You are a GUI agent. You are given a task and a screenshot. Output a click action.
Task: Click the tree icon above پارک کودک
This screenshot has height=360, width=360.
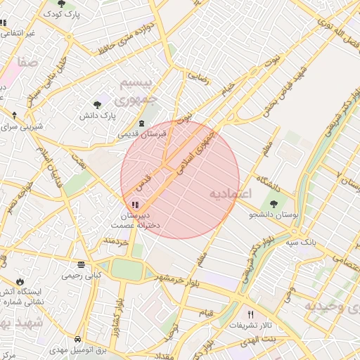click(61, 4)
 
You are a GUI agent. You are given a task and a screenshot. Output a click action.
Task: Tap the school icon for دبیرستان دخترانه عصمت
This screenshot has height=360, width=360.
click(135, 205)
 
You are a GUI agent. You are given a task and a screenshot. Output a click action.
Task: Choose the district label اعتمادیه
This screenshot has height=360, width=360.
click(230, 193)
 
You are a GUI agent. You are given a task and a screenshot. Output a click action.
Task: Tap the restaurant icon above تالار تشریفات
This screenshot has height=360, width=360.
click(250, 314)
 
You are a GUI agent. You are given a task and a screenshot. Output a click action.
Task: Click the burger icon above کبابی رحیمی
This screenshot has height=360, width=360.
click(82, 265)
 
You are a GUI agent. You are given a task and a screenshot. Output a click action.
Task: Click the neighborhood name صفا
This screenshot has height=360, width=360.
click(29, 63)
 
